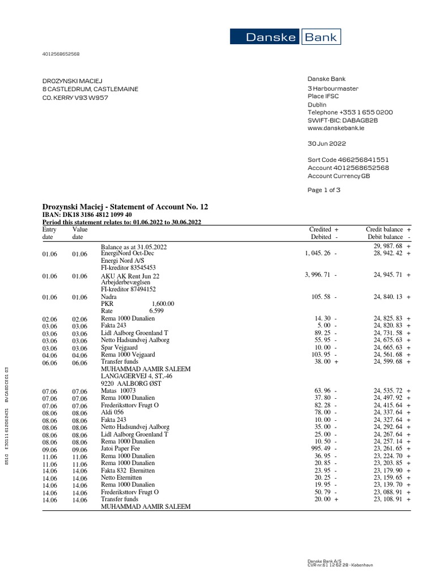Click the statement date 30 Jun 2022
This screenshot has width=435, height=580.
pyautogui.click(x=326, y=144)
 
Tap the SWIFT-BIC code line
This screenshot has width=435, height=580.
pyautogui.click(x=342, y=121)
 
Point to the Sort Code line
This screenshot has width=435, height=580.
pyautogui.click(x=348, y=160)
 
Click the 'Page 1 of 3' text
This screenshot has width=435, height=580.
pyautogui.click(x=324, y=190)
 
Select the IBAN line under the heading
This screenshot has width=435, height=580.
pyautogui.click(x=87, y=215)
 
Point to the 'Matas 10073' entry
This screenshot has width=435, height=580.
pyautogui.click(x=118, y=390)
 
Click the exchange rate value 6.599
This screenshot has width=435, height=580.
pyautogui.click(x=156, y=311)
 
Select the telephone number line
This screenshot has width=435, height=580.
pyautogui.click(x=349, y=112)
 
